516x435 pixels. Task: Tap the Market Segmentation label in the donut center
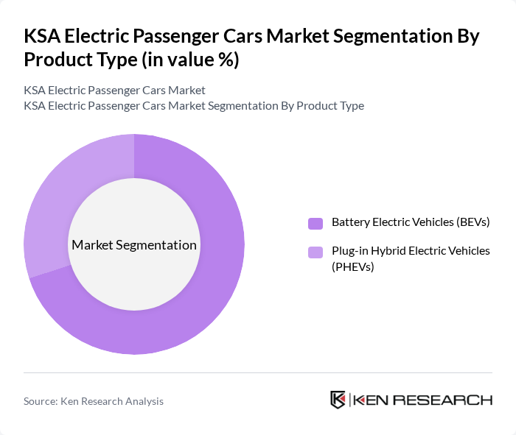pyautogui.click(x=134, y=244)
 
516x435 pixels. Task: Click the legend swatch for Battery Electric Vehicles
pyautogui.click(x=315, y=223)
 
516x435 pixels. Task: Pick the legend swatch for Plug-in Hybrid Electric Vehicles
pyautogui.click(x=315, y=252)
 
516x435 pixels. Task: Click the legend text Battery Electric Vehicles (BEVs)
pyautogui.click(x=411, y=222)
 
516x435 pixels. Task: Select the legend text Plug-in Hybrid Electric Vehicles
pyautogui.click(x=411, y=251)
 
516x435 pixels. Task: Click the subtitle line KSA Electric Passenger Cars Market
pyautogui.click(x=114, y=90)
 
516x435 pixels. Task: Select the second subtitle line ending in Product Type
pyautogui.click(x=194, y=105)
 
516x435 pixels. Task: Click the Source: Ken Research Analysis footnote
pyautogui.click(x=94, y=401)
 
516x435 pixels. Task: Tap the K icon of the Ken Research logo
pyautogui.click(x=338, y=400)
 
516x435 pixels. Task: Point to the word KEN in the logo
pyautogui.click(x=371, y=400)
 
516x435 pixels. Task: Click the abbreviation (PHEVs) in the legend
pyautogui.click(x=353, y=266)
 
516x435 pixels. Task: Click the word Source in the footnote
pyautogui.click(x=41, y=401)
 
